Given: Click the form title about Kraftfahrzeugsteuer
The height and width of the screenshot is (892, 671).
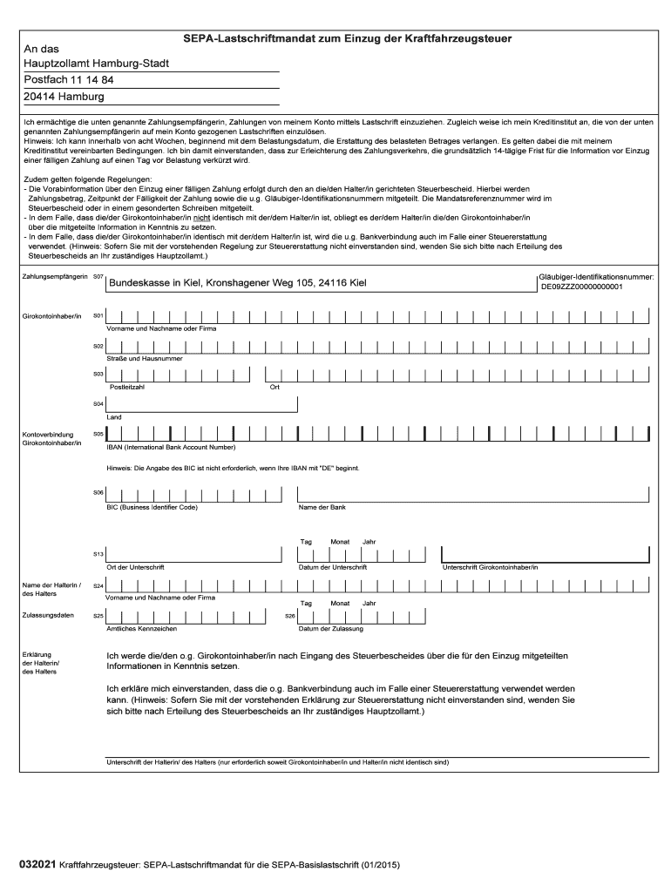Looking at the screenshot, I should click(347, 39).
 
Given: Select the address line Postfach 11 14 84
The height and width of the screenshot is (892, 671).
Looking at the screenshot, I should click(68, 80).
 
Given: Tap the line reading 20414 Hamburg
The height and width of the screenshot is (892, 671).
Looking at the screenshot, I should click(64, 97).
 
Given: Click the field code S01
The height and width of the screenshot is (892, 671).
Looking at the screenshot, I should click(98, 315).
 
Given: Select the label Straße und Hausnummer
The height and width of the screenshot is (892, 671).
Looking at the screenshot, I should click(144, 358).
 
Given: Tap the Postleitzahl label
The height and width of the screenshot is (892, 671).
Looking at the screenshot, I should click(125, 387).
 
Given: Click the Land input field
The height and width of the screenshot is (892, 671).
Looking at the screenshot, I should click(201, 404).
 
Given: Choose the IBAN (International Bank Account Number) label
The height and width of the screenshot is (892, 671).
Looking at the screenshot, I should click(171, 447).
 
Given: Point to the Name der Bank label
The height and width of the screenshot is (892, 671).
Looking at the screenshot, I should click(322, 506).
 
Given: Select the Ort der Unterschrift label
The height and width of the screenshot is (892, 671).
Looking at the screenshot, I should click(135, 567).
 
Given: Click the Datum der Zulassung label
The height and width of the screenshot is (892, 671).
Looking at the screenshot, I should click(330, 628).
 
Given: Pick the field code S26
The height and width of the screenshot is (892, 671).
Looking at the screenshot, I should click(290, 616).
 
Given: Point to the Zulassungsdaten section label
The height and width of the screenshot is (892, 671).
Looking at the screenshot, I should click(45, 614).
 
